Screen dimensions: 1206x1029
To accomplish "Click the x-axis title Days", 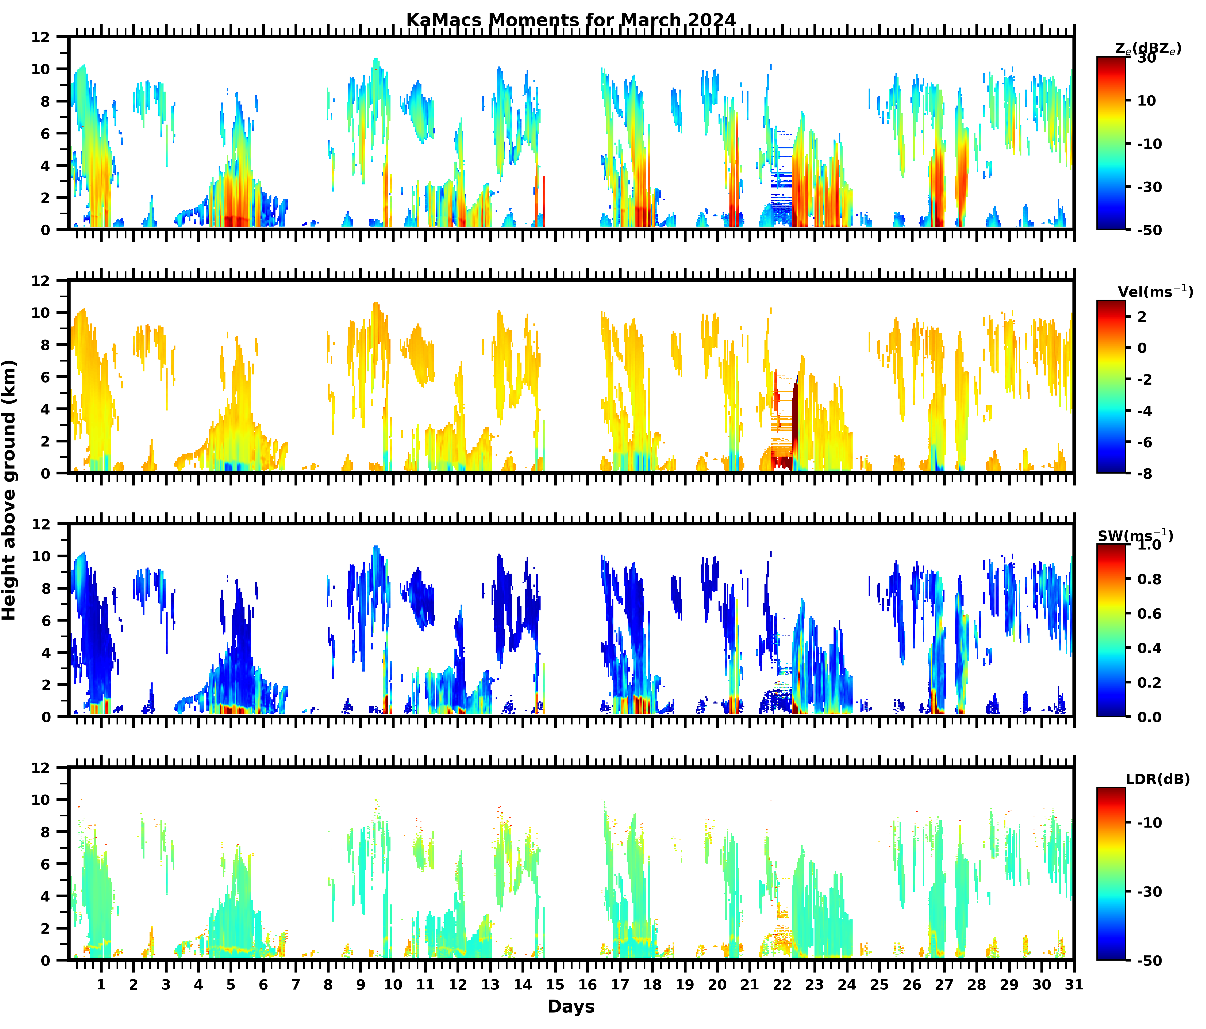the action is tap(571, 1006).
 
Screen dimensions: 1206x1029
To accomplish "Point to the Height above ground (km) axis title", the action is tap(9, 490).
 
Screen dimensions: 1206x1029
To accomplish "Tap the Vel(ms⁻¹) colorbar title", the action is tap(1155, 291).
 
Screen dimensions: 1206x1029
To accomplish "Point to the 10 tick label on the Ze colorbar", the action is tap(1147, 101).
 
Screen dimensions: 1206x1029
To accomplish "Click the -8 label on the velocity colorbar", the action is tap(1144, 473).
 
